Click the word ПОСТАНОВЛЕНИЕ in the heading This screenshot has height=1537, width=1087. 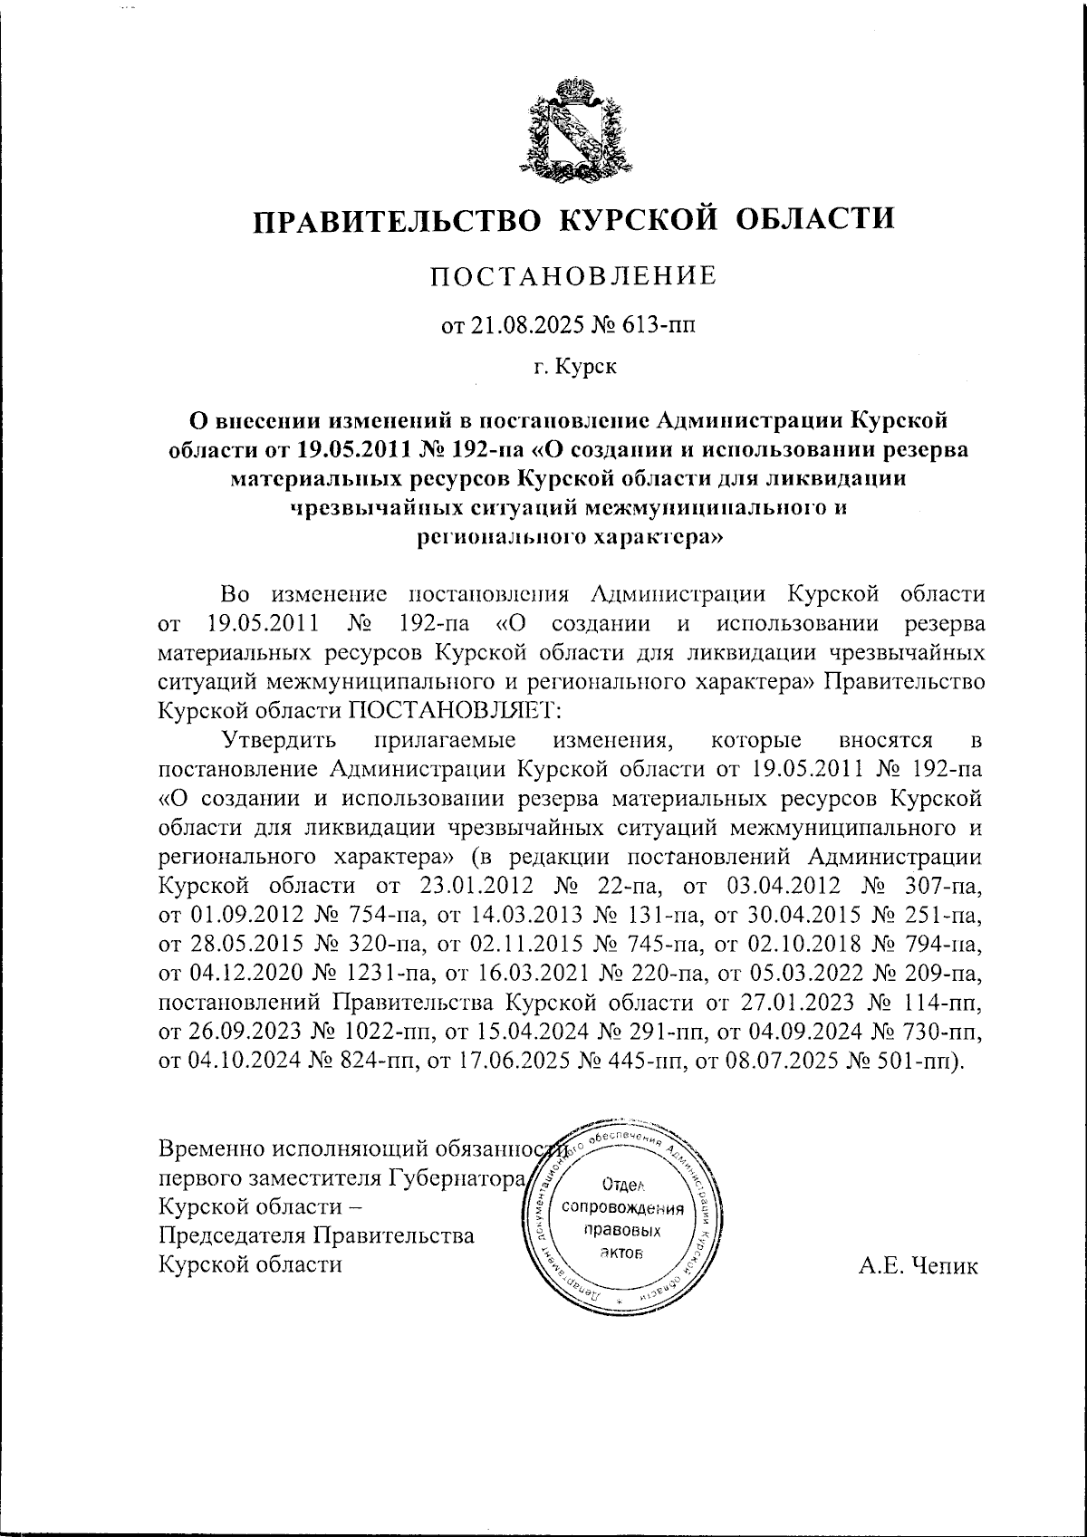[x=572, y=274]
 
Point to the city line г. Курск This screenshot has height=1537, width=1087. [x=572, y=368]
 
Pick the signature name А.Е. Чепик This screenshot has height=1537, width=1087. [x=919, y=1266]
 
